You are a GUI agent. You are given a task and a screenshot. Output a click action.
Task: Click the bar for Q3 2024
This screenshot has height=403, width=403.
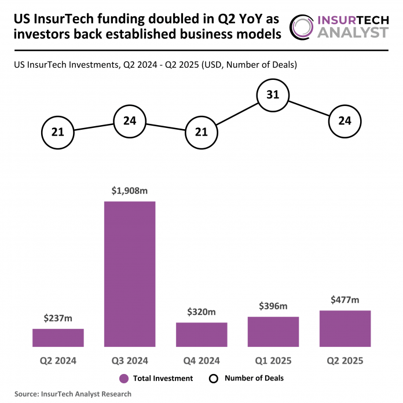click(x=130, y=274)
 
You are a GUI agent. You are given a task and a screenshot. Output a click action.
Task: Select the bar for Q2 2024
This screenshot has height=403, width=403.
click(x=58, y=338)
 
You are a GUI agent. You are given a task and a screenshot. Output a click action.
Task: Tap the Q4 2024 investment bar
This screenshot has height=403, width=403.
click(x=201, y=335)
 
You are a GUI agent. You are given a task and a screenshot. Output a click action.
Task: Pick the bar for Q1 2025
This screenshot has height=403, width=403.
click(x=273, y=332)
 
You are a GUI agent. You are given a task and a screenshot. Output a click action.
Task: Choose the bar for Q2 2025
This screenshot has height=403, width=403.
click(x=345, y=328)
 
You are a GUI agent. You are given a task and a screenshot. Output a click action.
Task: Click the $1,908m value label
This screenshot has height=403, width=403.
click(x=130, y=190)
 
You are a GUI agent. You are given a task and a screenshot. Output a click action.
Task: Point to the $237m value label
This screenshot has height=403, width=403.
click(x=58, y=318)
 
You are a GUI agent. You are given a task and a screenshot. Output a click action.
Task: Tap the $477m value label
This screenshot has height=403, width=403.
click(x=345, y=299)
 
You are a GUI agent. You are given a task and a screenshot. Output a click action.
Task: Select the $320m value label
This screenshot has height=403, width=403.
click(x=201, y=312)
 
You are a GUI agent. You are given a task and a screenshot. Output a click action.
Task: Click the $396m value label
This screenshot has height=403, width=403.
click(x=273, y=306)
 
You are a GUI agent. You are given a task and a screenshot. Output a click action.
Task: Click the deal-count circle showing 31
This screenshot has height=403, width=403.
click(x=273, y=94)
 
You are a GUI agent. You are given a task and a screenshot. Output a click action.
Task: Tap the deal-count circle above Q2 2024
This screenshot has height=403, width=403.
click(x=58, y=133)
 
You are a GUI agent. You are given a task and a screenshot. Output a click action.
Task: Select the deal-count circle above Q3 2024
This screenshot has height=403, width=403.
click(x=130, y=121)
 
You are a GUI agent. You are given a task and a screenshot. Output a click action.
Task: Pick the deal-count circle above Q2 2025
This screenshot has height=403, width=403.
click(x=345, y=121)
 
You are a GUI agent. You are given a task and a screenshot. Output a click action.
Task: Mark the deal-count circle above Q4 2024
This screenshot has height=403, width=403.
click(x=201, y=133)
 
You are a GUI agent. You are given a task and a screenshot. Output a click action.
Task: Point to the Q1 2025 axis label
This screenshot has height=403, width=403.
click(x=273, y=361)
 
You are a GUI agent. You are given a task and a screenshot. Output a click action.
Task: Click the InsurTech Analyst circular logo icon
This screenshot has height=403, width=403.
click(x=305, y=27)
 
